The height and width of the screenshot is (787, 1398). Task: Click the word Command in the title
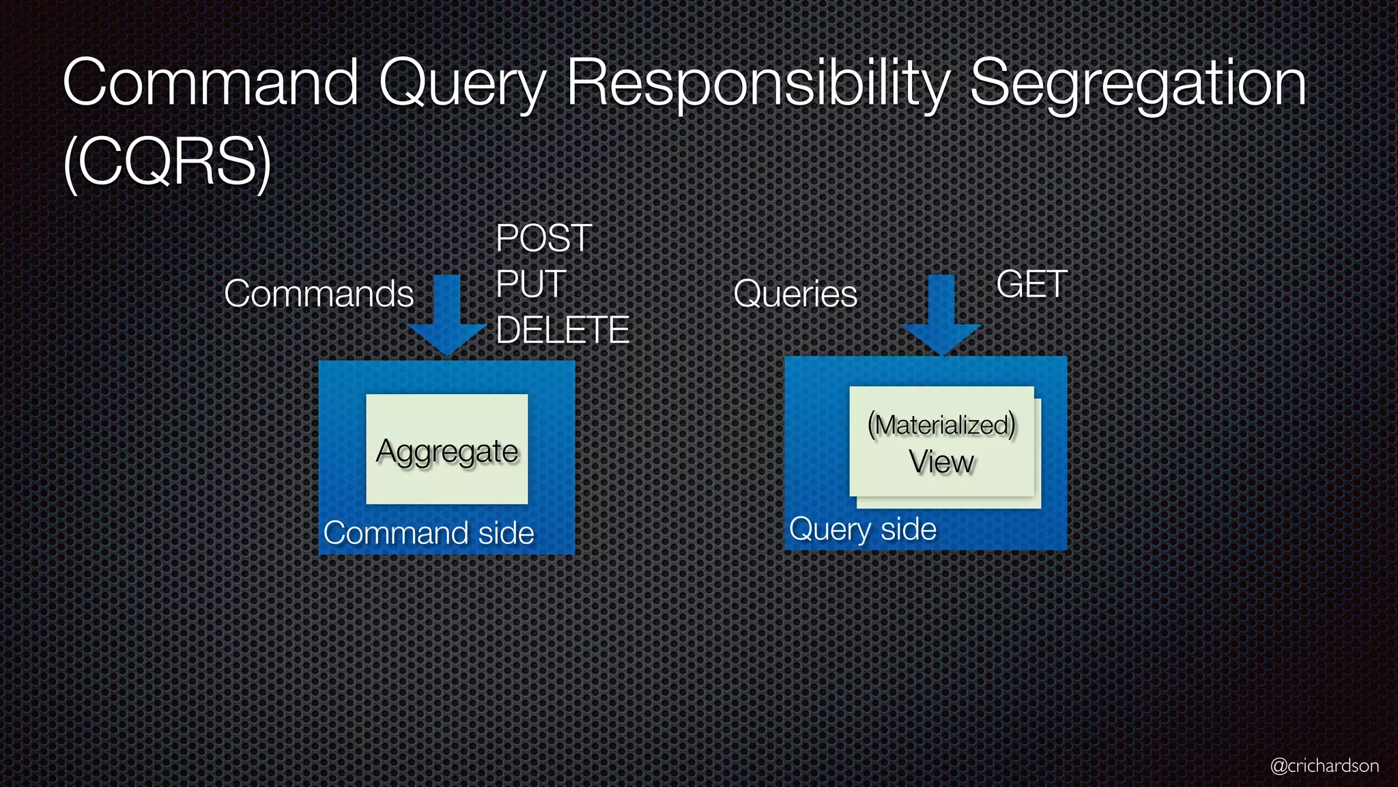211,83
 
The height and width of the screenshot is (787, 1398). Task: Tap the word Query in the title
462,85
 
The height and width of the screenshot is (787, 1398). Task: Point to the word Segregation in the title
1138,85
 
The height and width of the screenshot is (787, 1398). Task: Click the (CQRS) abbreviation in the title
167,163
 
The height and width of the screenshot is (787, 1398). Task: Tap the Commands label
319,294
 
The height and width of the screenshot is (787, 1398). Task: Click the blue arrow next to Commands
447,315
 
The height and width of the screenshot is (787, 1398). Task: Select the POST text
544,238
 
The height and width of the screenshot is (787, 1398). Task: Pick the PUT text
531,284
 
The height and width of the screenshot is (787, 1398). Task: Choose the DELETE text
562,330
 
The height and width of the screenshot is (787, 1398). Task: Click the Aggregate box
447,450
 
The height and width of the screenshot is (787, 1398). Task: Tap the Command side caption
429,534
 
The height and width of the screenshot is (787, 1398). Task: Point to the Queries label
795,294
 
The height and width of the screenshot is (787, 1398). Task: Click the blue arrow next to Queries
941,315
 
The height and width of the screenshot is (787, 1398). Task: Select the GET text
1031,284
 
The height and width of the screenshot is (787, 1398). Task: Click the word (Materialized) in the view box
941,425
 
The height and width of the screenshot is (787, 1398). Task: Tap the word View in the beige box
941,462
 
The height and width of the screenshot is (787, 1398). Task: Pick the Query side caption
863,529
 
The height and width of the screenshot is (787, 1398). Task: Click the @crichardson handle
1324,766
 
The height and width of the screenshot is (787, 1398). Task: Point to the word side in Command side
506,534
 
